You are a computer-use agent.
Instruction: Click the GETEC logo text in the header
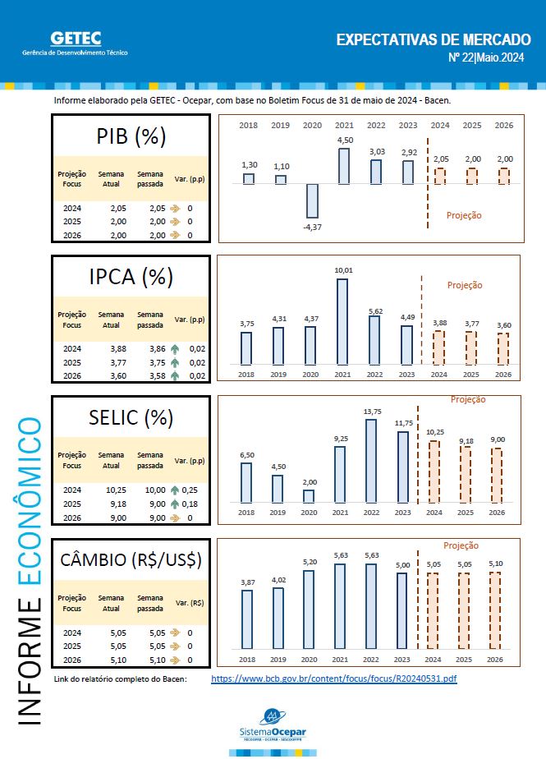coord(76,38)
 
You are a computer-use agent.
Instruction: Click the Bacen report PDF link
coord(333,679)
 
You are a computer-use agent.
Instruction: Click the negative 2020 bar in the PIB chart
coord(312,200)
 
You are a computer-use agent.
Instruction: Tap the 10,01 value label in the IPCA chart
coord(343,269)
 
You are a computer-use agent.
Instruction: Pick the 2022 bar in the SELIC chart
coord(371,461)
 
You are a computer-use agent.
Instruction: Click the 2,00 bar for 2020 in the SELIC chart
coord(309,496)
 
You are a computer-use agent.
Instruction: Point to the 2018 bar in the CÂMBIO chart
coord(246,619)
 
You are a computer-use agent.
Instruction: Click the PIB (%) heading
coord(131,136)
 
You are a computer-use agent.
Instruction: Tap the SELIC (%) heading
coord(131,417)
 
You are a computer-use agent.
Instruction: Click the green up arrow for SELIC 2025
coord(175,504)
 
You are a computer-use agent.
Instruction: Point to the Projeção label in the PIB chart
coord(464,215)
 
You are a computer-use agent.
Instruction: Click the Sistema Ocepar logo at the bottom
coord(272,726)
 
